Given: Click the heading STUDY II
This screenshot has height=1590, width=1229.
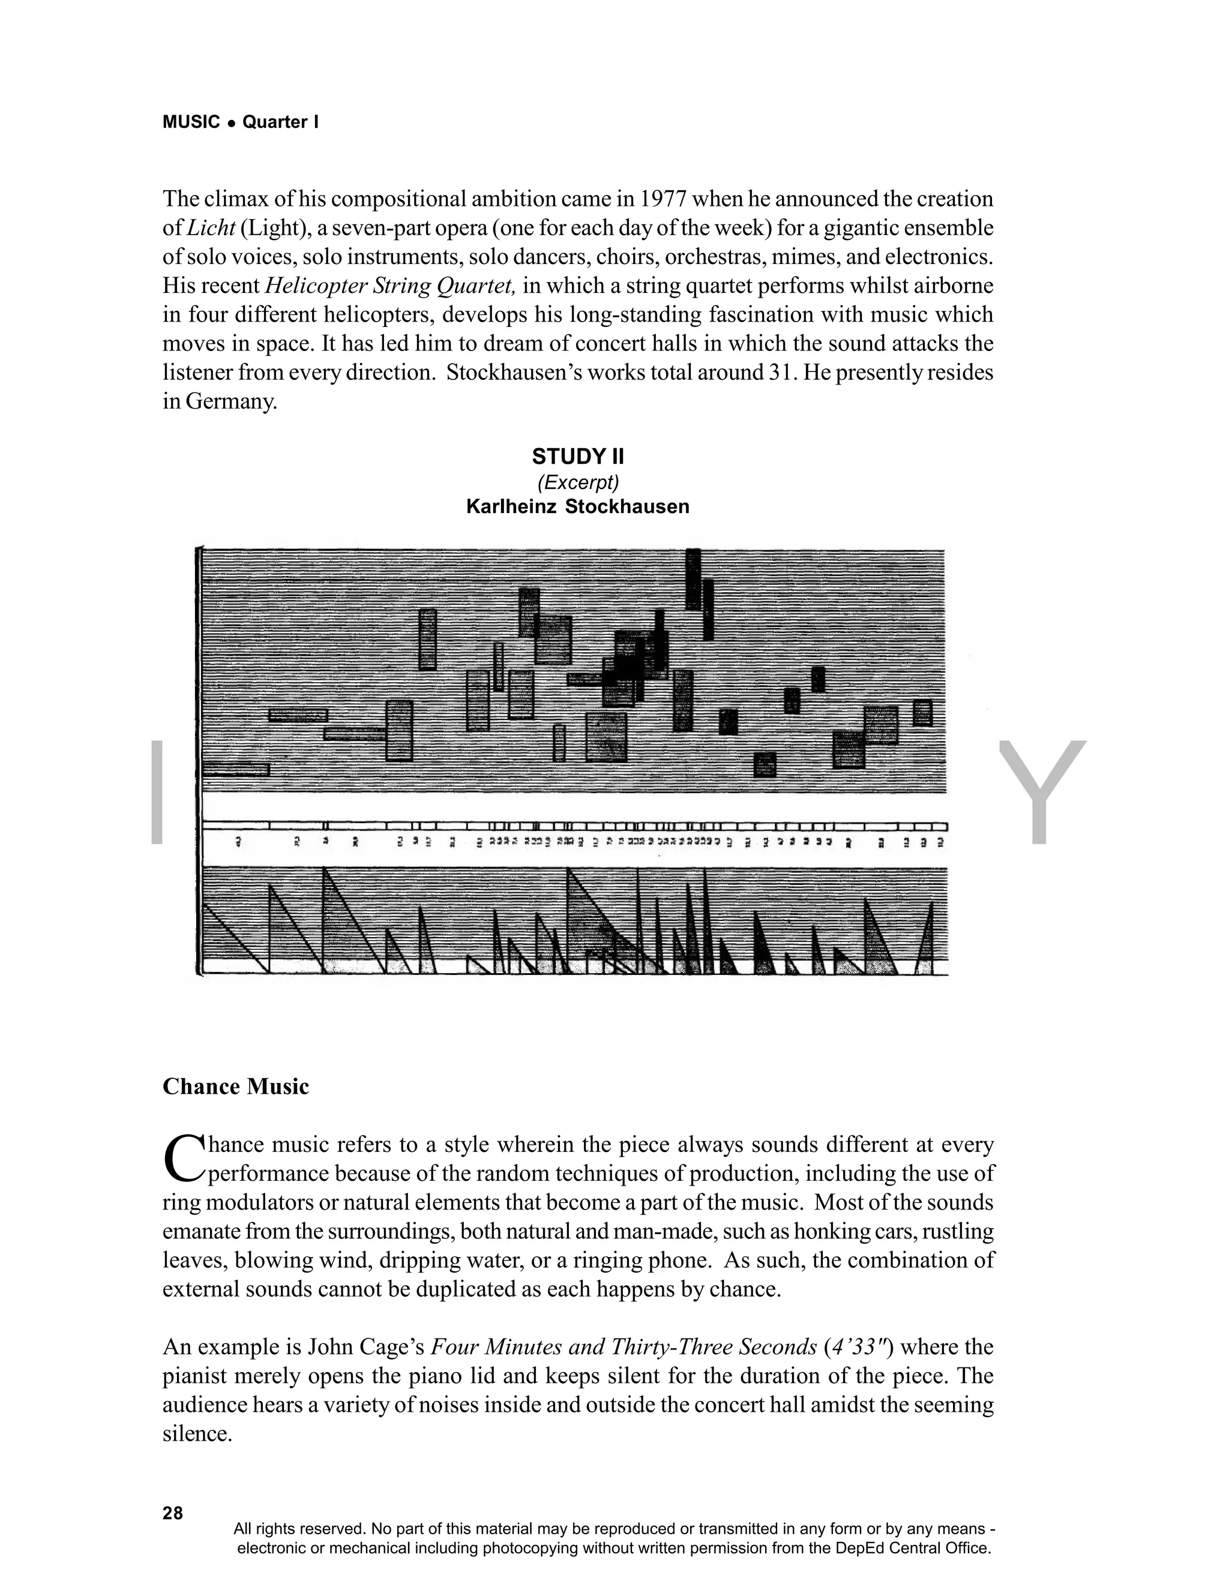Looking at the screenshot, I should coord(577,457).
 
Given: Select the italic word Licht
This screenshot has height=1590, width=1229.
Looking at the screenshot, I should coord(211,228).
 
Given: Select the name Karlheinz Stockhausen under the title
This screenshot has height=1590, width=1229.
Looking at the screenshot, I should coord(577,507).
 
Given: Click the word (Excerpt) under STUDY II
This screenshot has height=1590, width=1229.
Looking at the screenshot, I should coord(577,482).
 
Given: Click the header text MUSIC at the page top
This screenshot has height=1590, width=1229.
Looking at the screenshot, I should coord(191,122).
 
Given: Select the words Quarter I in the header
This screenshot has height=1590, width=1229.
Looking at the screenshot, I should coord(280,122).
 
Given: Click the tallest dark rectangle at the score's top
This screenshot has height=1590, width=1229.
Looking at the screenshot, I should coord(693,580).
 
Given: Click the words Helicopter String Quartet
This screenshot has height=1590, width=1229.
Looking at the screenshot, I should coord(391,286).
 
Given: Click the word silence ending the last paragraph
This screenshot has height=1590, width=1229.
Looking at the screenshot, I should coord(196,1433).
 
